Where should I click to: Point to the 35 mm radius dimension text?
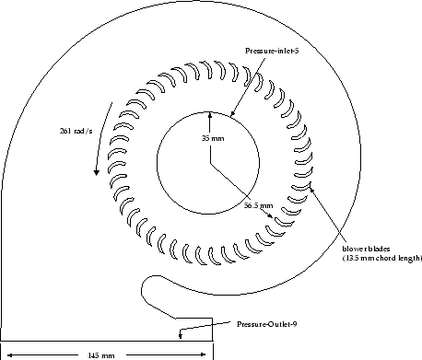(212, 138)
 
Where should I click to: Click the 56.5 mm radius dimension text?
(258, 205)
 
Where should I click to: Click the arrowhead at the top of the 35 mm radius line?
(210, 115)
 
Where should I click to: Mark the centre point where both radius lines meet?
(210, 164)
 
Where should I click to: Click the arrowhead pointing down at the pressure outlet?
(180, 336)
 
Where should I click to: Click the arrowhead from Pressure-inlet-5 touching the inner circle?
(232, 117)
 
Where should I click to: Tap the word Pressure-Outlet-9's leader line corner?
(180, 325)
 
